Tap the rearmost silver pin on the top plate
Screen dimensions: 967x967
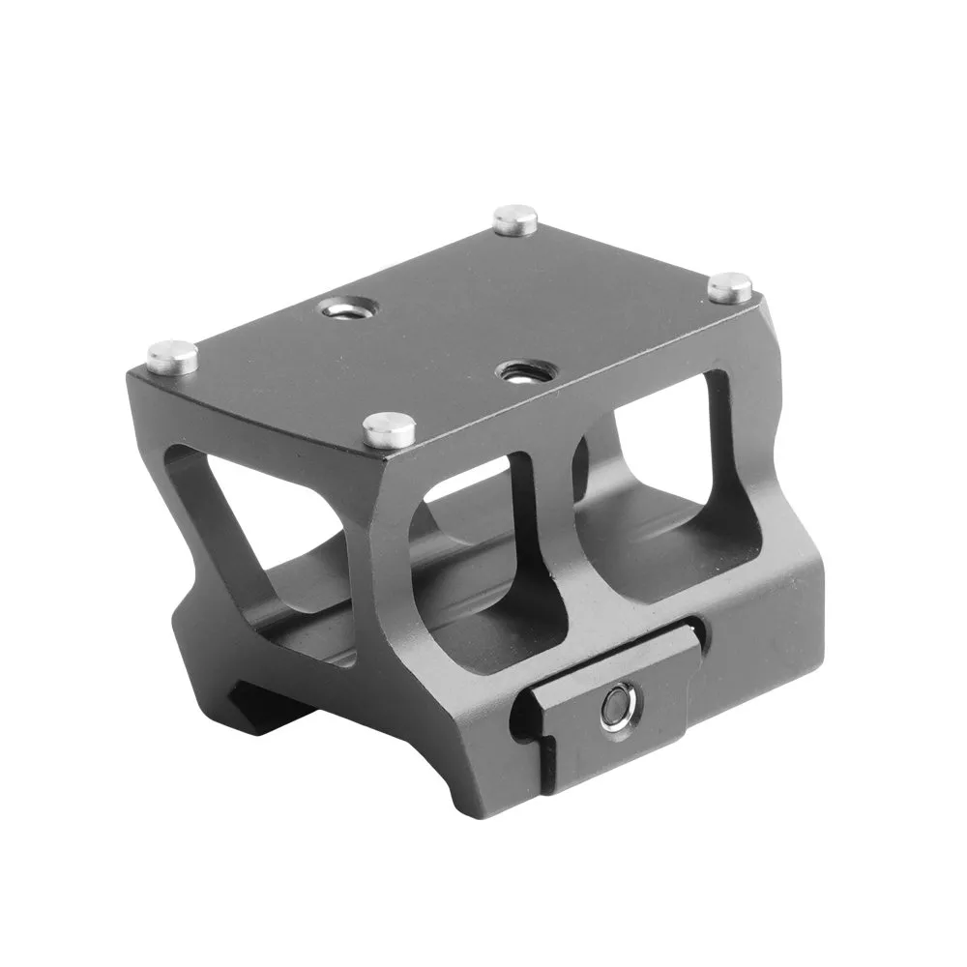[x=514, y=220]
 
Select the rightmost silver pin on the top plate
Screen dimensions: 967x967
[x=730, y=287]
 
